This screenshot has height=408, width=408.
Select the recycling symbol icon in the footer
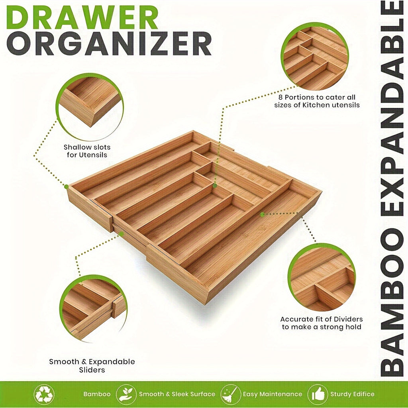point(44,394)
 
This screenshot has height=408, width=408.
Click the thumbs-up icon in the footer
point(318,394)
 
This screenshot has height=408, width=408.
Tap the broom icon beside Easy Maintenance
point(230,394)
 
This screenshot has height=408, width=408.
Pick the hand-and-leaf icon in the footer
point(126,394)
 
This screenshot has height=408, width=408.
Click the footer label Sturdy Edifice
point(352,394)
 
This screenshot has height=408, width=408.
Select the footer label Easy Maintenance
point(273,394)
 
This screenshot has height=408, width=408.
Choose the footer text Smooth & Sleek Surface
point(177,394)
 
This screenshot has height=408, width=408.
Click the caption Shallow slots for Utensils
point(87,151)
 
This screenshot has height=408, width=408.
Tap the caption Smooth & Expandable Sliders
point(92,366)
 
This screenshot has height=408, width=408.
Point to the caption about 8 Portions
point(317,101)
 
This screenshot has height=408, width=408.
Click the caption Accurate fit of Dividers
point(322,323)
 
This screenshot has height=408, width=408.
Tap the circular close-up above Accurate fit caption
point(321,278)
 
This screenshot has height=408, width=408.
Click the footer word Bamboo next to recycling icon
point(97,394)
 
